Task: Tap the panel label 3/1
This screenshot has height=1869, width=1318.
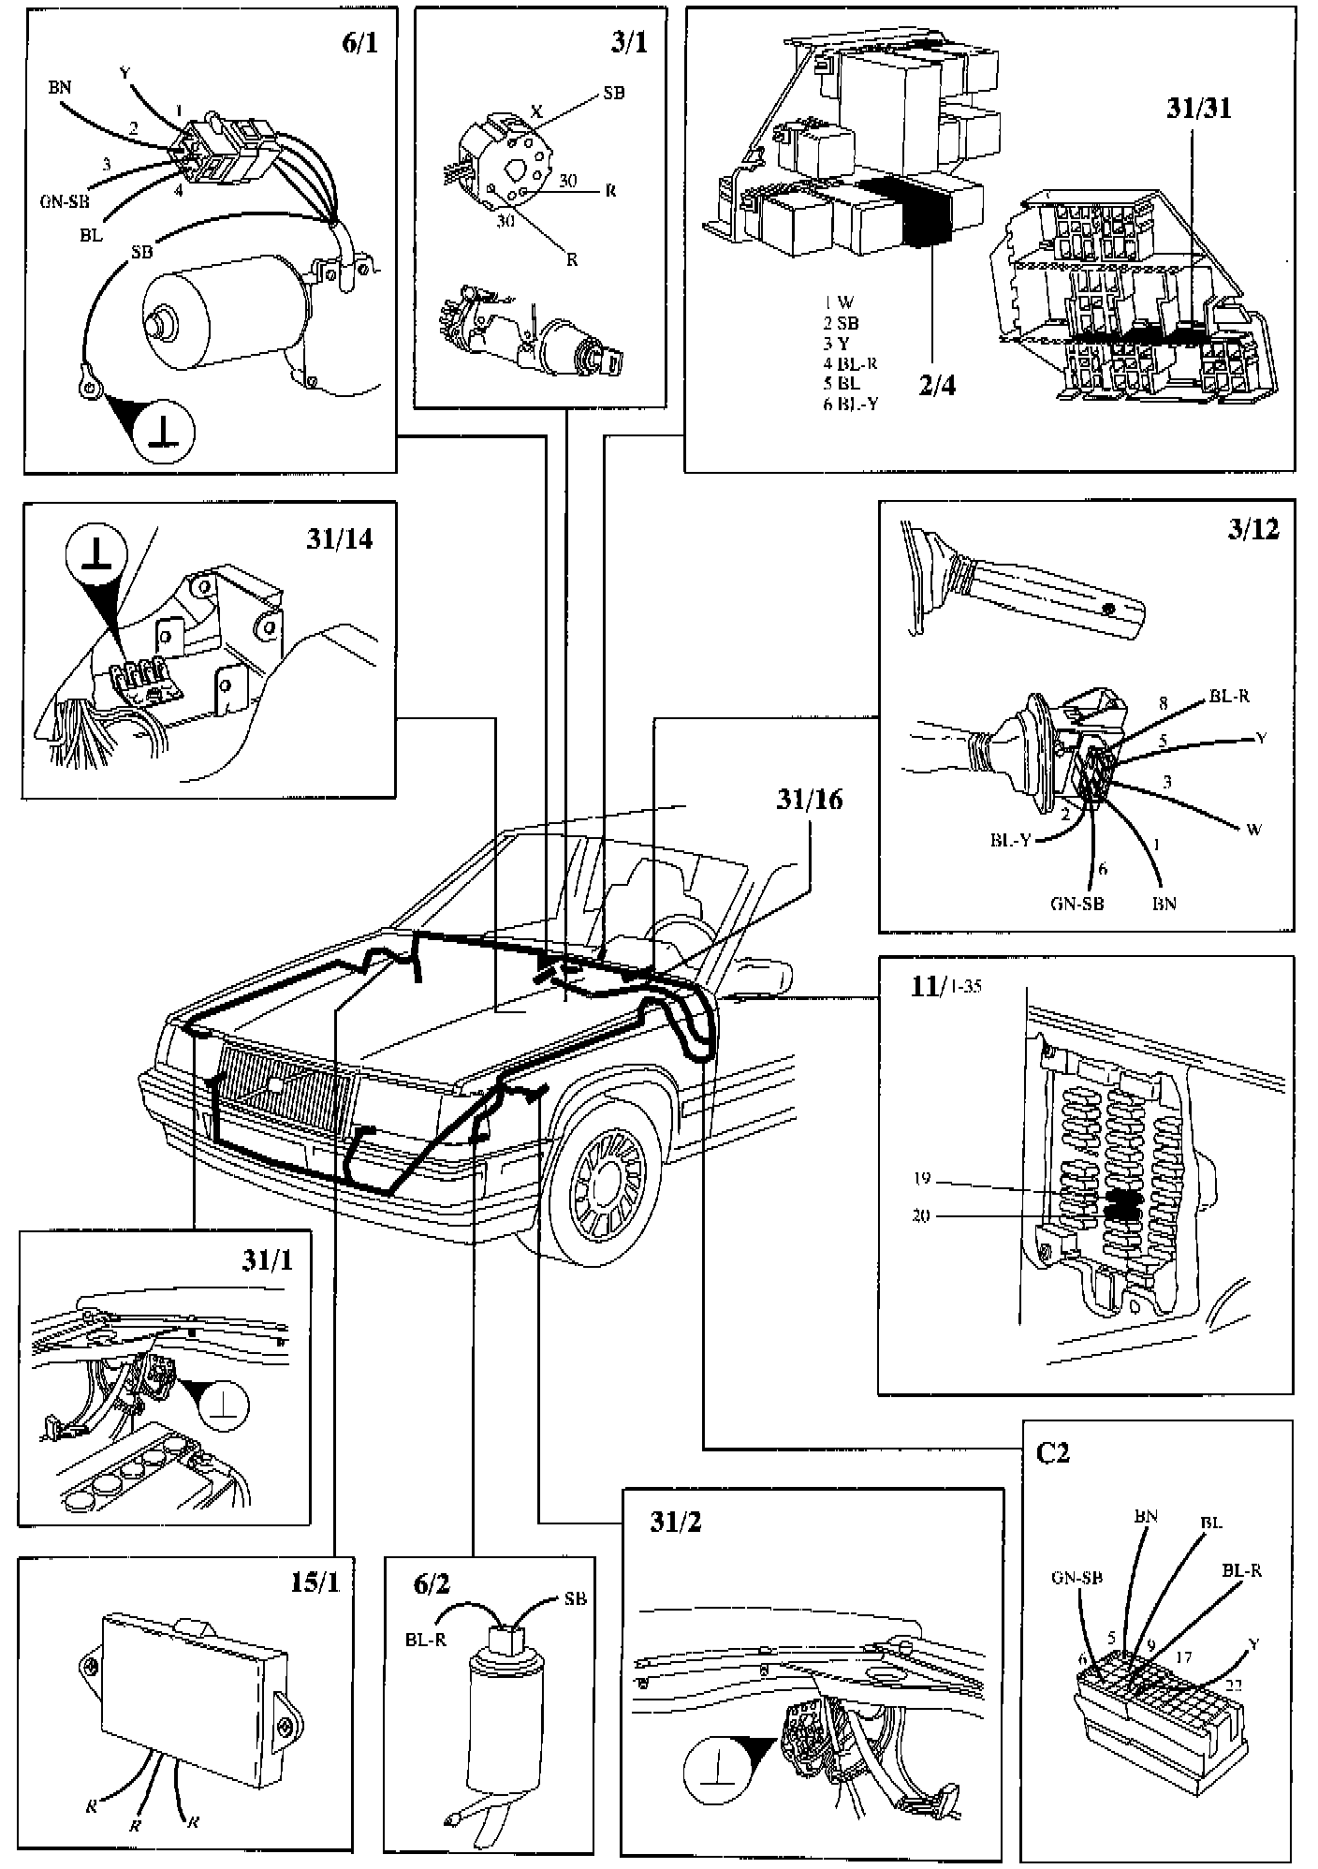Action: click(628, 43)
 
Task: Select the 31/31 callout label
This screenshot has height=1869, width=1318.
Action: click(1198, 108)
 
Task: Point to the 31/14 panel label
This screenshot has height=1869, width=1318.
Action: click(339, 539)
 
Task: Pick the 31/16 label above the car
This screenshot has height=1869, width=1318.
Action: click(809, 799)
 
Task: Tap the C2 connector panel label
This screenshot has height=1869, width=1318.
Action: click(1053, 1452)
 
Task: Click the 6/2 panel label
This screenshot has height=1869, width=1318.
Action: click(432, 1583)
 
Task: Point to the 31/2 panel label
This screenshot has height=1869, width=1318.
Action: click(675, 1522)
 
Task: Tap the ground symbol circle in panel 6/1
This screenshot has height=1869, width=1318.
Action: click(165, 434)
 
